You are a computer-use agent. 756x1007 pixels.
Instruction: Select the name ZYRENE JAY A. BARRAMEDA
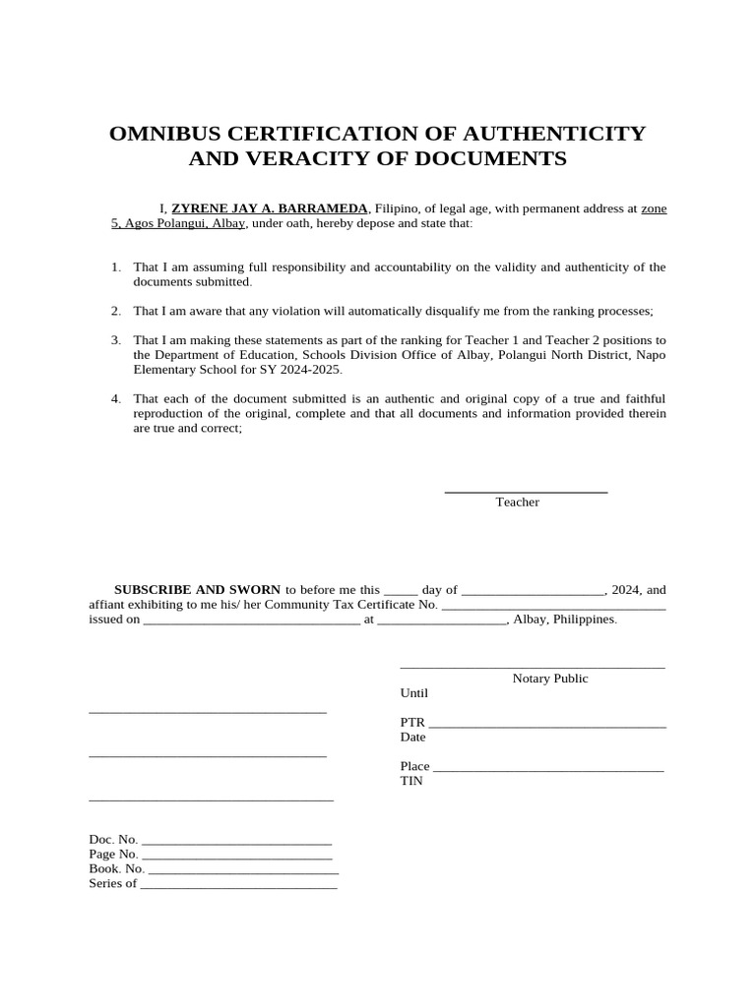pyautogui.click(x=270, y=208)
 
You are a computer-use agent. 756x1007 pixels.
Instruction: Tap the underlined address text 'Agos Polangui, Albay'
pyautogui.click(x=185, y=223)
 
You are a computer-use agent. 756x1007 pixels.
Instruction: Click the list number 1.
pyautogui.click(x=115, y=267)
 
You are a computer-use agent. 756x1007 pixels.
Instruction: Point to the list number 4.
pyautogui.click(x=115, y=398)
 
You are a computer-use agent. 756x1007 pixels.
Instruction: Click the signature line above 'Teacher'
pyautogui.click(x=526, y=491)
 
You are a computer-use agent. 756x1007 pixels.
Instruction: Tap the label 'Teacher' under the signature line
pyautogui.click(x=517, y=503)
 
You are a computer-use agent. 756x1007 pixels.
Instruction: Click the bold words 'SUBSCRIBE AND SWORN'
pyautogui.click(x=198, y=590)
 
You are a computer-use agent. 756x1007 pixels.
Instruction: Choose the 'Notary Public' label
pyautogui.click(x=549, y=679)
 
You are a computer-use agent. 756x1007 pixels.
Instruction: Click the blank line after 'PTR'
pyautogui.click(x=547, y=725)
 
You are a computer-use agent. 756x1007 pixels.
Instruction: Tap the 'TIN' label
pyautogui.click(x=410, y=781)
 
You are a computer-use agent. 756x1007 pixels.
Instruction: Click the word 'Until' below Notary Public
pyautogui.click(x=414, y=693)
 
